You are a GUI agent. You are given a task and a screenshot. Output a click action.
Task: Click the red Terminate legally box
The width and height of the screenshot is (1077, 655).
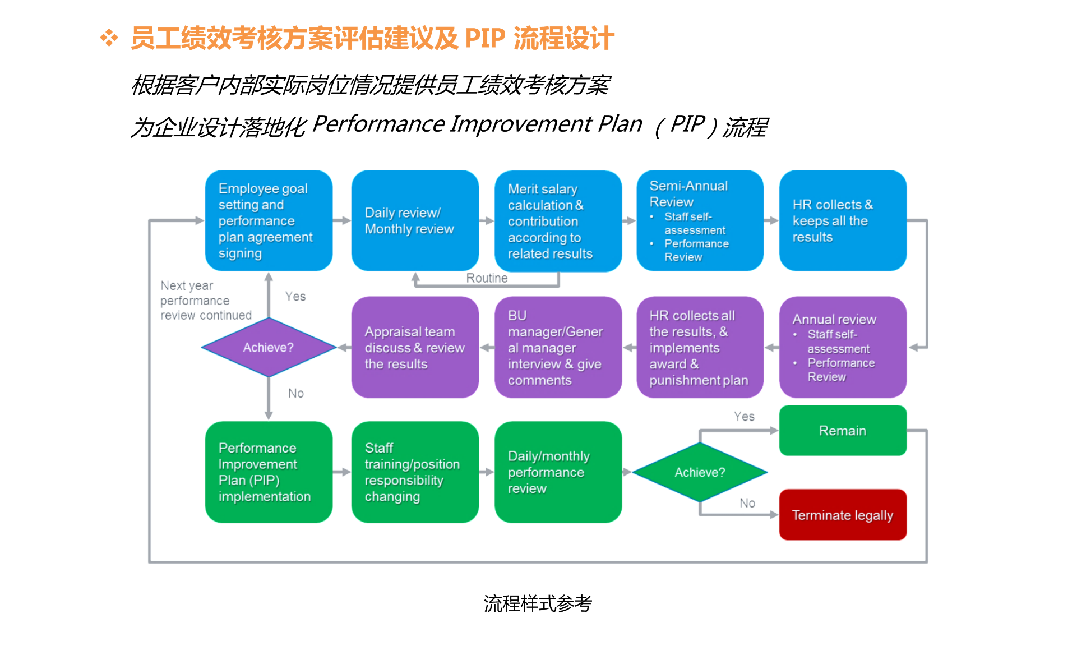click(842, 515)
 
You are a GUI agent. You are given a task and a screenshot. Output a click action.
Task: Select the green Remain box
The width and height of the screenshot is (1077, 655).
click(842, 431)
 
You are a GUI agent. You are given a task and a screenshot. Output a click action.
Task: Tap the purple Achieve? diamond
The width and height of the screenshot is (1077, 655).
click(269, 348)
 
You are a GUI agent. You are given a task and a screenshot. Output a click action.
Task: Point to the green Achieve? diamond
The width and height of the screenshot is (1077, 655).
click(700, 472)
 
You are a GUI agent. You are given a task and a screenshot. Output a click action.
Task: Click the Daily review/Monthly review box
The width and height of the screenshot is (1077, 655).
click(415, 221)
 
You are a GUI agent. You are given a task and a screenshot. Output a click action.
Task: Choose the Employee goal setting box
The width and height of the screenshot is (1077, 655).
click(269, 221)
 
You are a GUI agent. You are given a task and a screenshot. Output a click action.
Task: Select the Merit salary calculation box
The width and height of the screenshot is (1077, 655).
click(558, 221)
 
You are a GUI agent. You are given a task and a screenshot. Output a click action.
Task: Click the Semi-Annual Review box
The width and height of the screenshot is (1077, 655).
click(700, 221)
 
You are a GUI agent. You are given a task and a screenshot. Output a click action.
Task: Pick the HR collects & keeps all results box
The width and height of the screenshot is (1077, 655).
click(842, 221)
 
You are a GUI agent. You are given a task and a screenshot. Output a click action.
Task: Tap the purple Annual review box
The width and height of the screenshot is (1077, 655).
click(842, 348)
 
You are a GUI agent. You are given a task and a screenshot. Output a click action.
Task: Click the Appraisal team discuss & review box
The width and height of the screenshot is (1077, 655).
click(415, 348)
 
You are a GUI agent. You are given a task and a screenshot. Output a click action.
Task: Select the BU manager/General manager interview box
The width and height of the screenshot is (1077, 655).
click(558, 348)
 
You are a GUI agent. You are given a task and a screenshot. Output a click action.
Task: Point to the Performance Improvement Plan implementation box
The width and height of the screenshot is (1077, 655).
click(269, 472)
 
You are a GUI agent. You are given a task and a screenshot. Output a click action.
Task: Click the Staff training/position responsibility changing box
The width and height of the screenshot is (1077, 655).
click(415, 472)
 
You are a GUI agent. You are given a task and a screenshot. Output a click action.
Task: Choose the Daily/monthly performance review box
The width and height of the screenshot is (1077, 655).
click(558, 472)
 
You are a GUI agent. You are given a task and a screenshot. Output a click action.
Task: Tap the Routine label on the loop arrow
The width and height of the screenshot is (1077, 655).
click(487, 278)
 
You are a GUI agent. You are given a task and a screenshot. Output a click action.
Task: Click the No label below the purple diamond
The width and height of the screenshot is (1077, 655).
click(296, 394)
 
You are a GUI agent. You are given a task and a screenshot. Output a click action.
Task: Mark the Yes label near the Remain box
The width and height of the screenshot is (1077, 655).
click(744, 417)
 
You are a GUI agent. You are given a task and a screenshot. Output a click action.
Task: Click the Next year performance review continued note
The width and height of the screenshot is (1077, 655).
click(206, 301)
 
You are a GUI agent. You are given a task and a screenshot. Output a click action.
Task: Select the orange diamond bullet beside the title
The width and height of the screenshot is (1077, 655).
click(109, 38)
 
